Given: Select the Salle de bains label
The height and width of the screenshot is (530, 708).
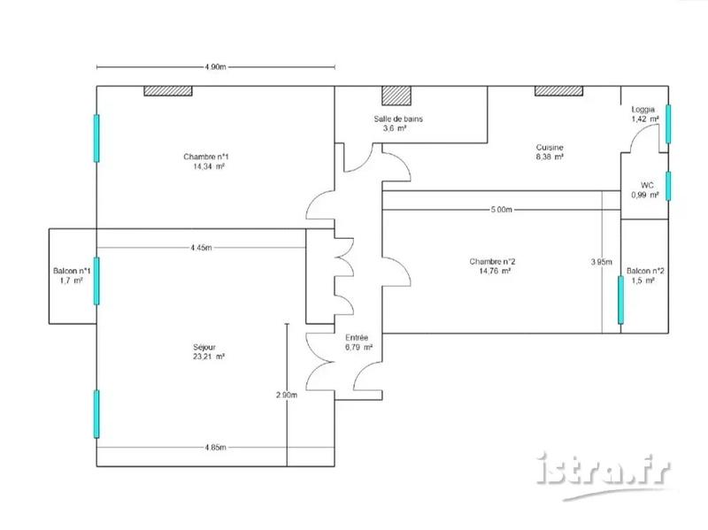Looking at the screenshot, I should (x=395, y=119).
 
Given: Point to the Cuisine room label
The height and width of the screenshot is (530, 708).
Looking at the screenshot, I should (x=550, y=147).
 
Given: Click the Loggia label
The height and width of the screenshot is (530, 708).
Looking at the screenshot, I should (x=643, y=109).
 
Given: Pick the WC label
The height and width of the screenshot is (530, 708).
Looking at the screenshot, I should (x=647, y=185).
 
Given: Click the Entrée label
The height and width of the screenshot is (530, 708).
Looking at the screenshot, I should (x=357, y=337).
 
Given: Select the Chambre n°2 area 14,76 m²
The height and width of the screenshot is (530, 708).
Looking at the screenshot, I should (x=492, y=272).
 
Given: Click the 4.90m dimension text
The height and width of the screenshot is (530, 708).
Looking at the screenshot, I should (x=215, y=67).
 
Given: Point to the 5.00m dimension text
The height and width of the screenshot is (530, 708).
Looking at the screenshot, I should (x=500, y=210).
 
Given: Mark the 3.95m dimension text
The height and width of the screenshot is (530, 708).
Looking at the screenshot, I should (x=601, y=261).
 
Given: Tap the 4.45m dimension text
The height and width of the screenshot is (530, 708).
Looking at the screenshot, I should (x=201, y=248).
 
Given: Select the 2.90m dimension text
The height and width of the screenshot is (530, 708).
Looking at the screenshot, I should (x=286, y=395).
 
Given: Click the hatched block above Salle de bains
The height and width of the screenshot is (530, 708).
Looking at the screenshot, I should (x=396, y=96).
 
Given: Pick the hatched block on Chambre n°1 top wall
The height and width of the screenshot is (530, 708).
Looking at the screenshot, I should (x=168, y=90).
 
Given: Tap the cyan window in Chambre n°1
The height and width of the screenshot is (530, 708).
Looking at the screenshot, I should (x=96, y=138).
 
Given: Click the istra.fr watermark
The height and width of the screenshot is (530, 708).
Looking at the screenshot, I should (x=604, y=469).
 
